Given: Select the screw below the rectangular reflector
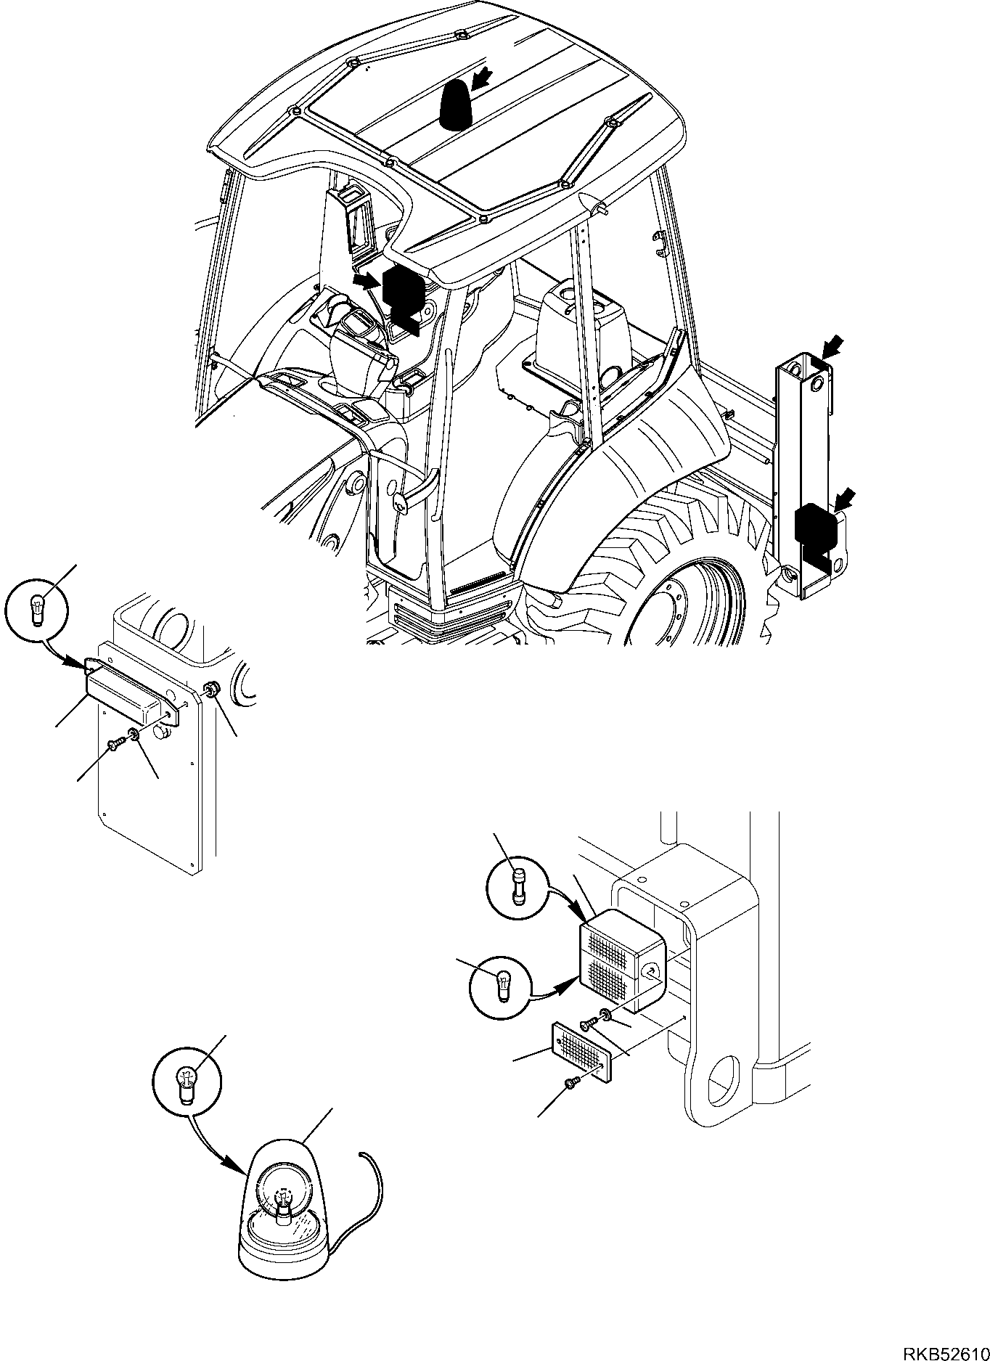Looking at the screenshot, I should (569, 1104).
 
